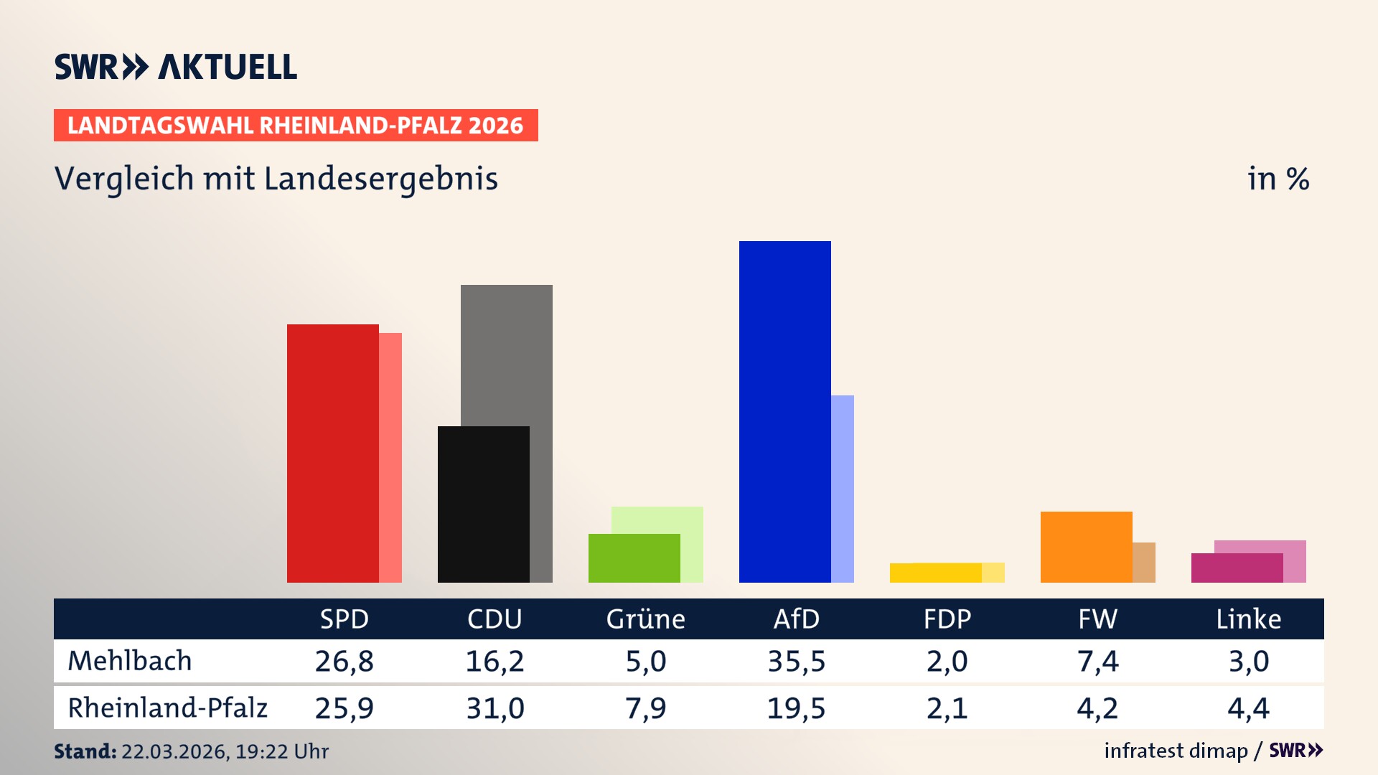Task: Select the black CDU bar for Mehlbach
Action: tap(483, 504)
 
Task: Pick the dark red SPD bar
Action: tap(332, 453)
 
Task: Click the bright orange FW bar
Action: tap(1086, 546)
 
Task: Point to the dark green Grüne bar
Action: tap(634, 558)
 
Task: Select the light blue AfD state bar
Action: tap(843, 488)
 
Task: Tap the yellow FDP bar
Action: tap(935, 573)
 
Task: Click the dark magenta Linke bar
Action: tap(1237, 568)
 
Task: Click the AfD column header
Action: tap(796, 619)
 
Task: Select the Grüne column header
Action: tap(645, 619)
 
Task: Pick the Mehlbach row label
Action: tap(130, 661)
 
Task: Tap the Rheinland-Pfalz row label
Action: tap(167, 708)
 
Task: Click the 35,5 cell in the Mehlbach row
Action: tap(796, 661)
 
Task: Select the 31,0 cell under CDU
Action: tap(495, 708)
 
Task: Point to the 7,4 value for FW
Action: tap(1097, 661)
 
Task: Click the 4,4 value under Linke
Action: tap(1248, 708)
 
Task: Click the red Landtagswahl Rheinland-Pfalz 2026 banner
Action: tap(296, 125)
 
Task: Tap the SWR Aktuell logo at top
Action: tap(176, 67)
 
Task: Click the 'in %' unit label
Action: tap(1278, 179)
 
